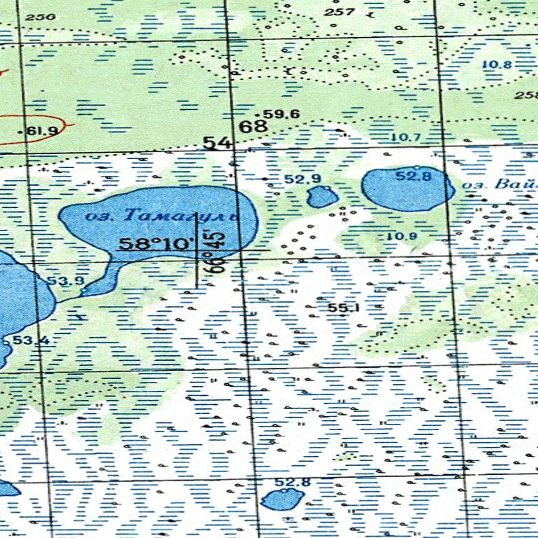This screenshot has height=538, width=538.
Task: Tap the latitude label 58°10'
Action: pyautogui.click(x=156, y=244)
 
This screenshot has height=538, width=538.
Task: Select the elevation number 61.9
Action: pyautogui.click(x=41, y=131)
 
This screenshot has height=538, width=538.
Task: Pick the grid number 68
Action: pyautogui.click(x=253, y=127)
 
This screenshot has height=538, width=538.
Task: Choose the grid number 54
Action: pyautogui.click(x=217, y=143)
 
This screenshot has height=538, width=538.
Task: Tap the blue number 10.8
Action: pyautogui.click(x=497, y=65)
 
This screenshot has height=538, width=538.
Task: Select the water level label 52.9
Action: pyautogui.click(x=303, y=179)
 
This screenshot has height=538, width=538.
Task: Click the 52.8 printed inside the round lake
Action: pyautogui.click(x=413, y=177)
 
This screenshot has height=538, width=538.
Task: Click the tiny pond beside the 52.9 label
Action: pyautogui.click(x=323, y=196)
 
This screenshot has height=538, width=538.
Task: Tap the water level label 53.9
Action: pyautogui.click(x=66, y=282)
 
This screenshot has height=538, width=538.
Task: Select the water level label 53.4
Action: pyautogui.click(x=31, y=340)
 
